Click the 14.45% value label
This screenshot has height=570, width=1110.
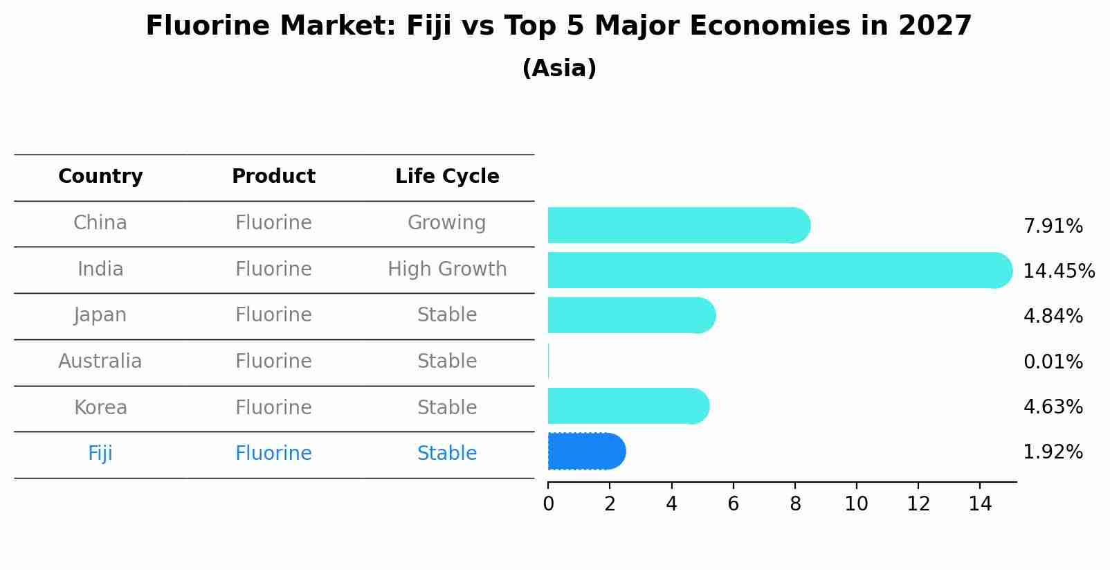pyautogui.click(x=1059, y=271)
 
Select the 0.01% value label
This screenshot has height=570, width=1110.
pyautogui.click(x=1053, y=362)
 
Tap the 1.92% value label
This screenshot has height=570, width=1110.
pyautogui.click(x=1053, y=452)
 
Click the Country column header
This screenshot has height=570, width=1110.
pyautogui.click(x=100, y=177)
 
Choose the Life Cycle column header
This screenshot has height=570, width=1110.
pyautogui.click(x=447, y=177)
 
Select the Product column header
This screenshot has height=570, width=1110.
pyautogui.click(x=273, y=177)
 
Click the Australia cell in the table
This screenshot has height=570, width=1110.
pyautogui.click(x=100, y=362)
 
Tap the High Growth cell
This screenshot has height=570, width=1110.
pyautogui.click(x=447, y=269)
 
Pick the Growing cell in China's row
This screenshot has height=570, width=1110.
pyautogui.click(x=447, y=223)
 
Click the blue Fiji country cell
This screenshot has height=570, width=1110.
pyautogui.click(x=100, y=454)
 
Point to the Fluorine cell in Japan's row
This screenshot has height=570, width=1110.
pyautogui.click(x=273, y=315)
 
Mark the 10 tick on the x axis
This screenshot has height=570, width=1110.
pyautogui.click(x=856, y=504)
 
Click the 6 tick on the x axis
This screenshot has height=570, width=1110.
pyautogui.click(x=733, y=504)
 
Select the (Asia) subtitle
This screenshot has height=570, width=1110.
pyautogui.click(x=559, y=69)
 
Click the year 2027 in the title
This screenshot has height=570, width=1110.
pyautogui.click(x=935, y=26)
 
